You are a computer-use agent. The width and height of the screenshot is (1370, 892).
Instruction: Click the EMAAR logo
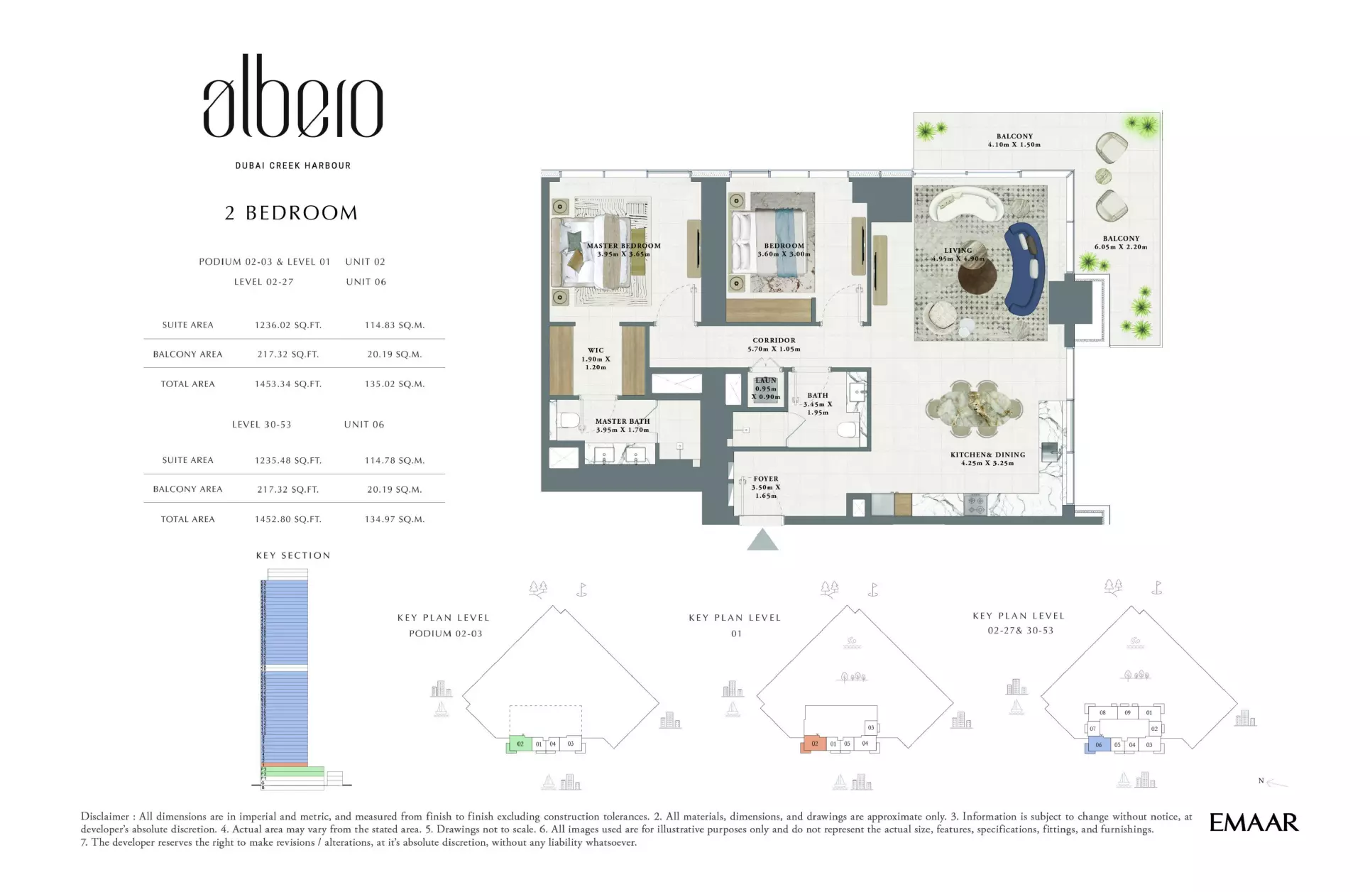pos(1254,823)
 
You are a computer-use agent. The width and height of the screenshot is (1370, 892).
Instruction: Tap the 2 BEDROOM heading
pos(291,213)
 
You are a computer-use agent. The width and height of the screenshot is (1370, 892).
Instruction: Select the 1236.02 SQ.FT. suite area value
pos(287,325)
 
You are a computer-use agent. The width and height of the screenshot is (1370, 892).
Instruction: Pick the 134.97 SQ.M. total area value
pos(394,519)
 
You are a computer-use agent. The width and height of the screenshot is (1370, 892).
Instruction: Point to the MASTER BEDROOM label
pos(623,249)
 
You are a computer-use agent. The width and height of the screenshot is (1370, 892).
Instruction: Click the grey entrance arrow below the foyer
pos(762,541)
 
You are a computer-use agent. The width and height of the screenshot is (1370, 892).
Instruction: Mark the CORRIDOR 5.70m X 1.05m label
pos(774,344)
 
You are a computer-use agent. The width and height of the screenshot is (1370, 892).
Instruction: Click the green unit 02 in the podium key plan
pos(520,744)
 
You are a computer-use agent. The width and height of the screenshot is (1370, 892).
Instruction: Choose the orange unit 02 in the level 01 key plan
pos(814,744)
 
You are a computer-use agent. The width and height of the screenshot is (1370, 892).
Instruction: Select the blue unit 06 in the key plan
pos(1098,745)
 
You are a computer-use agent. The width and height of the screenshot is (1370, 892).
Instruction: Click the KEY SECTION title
pos(293,555)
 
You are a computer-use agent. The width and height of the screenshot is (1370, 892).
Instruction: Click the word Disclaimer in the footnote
pos(104,817)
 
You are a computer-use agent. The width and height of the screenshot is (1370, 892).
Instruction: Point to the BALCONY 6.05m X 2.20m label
pos(1121,243)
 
